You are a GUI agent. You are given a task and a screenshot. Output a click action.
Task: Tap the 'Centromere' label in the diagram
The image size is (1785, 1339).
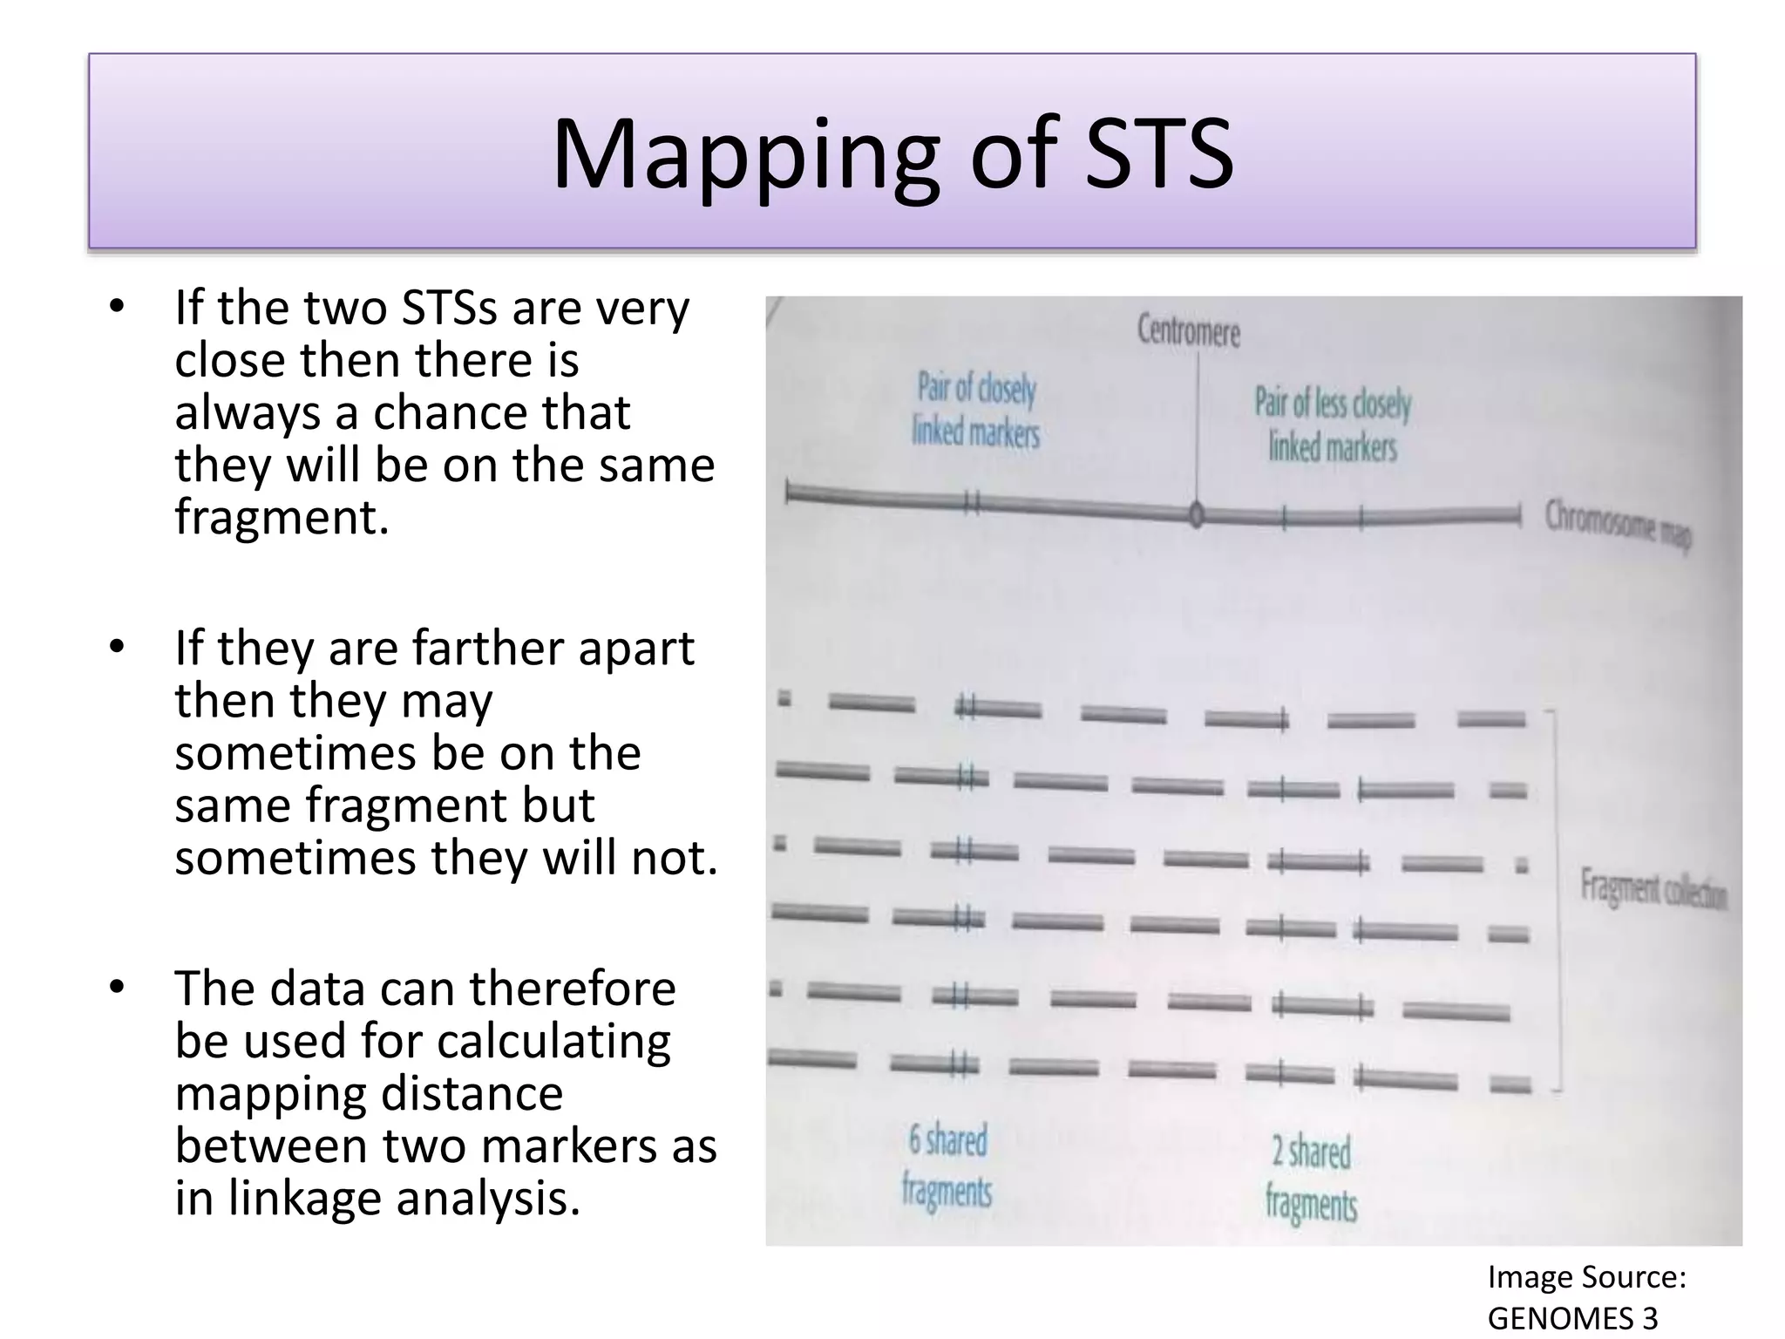point(1188,331)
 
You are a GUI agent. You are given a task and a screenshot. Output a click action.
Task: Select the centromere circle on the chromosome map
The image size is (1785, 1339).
point(1197,515)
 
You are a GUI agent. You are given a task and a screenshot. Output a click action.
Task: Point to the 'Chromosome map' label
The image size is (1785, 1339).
point(1618,526)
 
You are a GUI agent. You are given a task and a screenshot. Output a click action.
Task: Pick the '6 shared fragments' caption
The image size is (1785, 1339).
point(947,1165)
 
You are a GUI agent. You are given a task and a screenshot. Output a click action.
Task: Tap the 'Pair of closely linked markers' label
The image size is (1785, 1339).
point(976,410)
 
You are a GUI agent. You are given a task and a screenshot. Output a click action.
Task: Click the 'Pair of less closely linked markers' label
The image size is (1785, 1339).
point(1333,425)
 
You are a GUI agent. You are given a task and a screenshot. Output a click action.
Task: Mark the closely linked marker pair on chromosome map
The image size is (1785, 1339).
point(973,503)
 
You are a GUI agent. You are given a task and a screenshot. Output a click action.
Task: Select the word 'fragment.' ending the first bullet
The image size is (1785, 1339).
point(281,516)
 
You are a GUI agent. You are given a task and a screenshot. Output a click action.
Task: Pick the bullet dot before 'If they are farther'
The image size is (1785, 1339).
point(118,647)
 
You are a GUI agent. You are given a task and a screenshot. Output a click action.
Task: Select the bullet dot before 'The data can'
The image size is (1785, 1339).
point(118,988)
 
